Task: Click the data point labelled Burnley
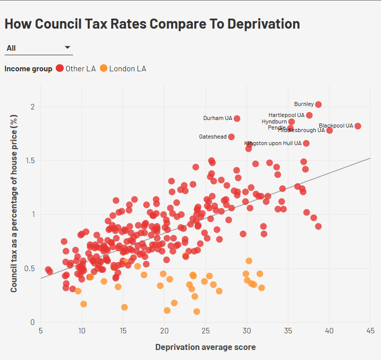pyautogui.click(x=318, y=104)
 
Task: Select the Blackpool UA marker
pyautogui.click(x=358, y=126)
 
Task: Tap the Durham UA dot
pyautogui.click(x=237, y=118)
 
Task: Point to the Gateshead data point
pyautogui.click(x=231, y=137)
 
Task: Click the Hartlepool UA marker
pyautogui.click(x=309, y=115)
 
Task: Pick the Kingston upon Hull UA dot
pyautogui.click(x=306, y=144)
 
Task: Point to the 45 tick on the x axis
pyautogui.click(x=370, y=331)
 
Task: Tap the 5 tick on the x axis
pyautogui.click(x=41, y=331)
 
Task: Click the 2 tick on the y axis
pyautogui.click(x=33, y=107)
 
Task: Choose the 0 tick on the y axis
pyautogui.click(x=33, y=322)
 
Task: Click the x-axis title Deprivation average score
pyautogui.click(x=205, y=347)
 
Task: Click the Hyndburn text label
pyautogui.click(x=274, y=122)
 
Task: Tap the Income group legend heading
pyautogui.click(x=28, y=69)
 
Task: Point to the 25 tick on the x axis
pyautogui.click(x=205, y=331)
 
